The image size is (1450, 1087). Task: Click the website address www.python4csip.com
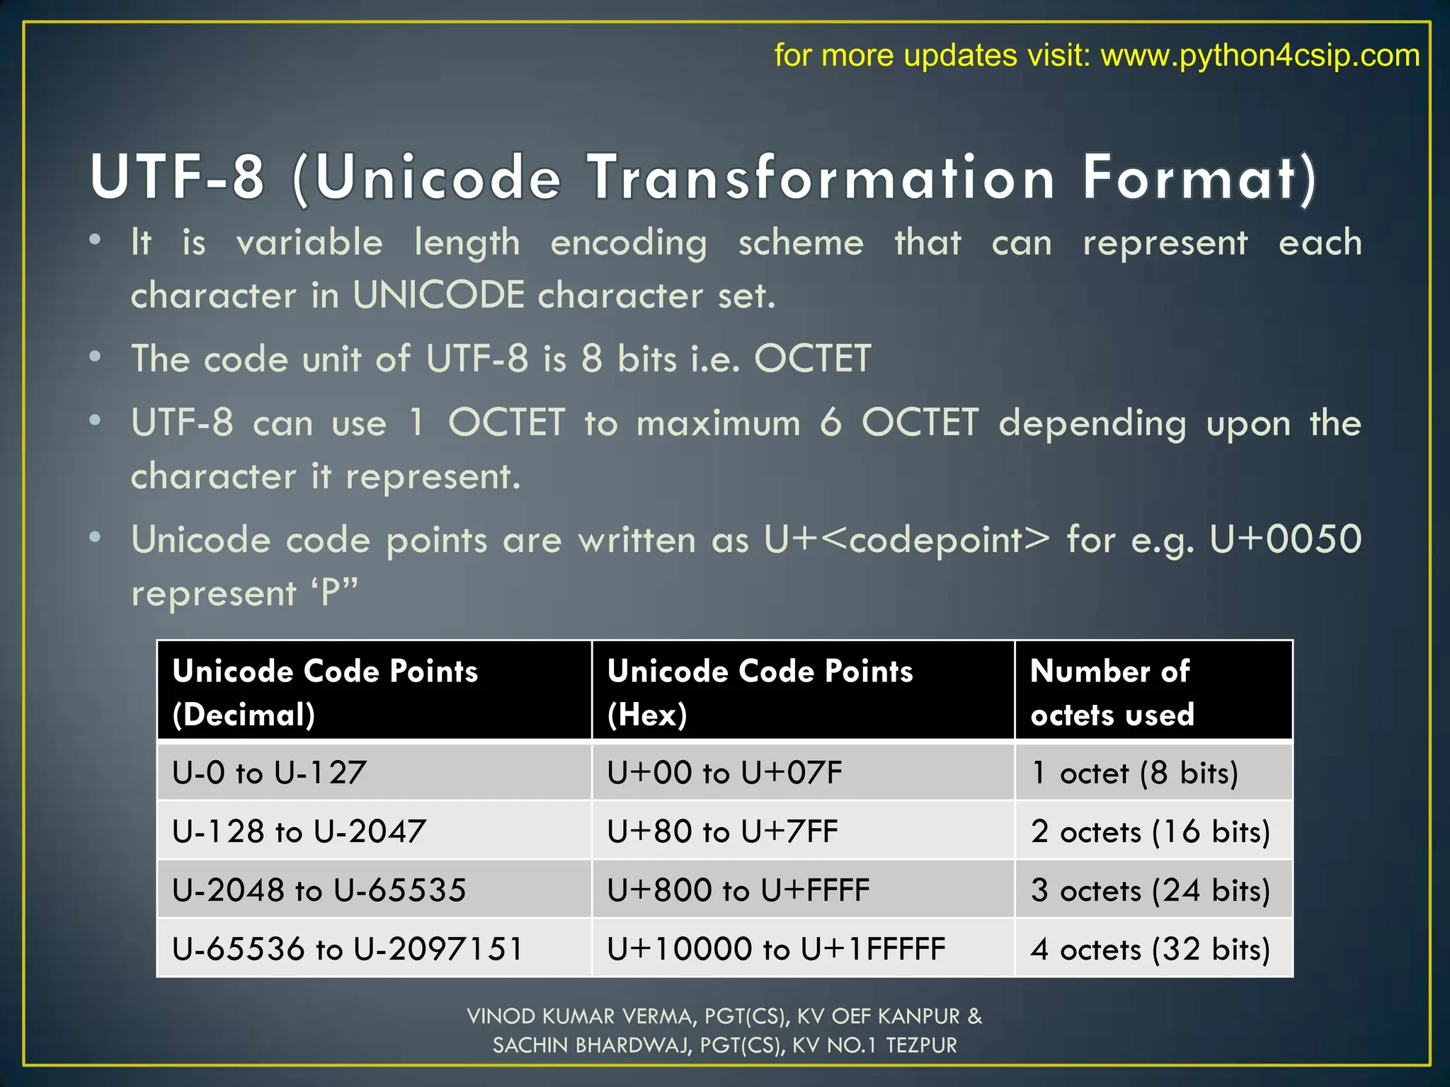[1260, 55]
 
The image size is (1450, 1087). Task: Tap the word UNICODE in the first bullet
[438, 295]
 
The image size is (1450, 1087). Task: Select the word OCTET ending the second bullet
[812, 359]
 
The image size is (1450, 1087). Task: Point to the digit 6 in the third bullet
[830, 423]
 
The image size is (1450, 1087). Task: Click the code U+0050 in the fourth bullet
[1285, 540]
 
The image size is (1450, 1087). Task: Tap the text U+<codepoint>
[907, 540]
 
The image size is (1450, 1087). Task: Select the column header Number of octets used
[1112, 692]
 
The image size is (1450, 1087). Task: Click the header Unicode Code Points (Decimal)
[325, 692]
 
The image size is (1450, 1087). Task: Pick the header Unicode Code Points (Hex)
[760, 692]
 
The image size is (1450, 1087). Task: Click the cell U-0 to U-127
[269, 772]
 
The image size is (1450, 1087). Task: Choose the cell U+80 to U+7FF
[722, 832]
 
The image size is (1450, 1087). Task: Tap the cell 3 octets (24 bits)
[1150, 890]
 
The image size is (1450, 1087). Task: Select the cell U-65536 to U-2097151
[347, 949]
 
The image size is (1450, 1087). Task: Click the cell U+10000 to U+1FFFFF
[776, 949]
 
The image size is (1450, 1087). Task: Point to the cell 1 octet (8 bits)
[1134, 772]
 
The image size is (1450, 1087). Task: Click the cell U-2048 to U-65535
[319, 890]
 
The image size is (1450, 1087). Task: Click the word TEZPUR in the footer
[921, 1045]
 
